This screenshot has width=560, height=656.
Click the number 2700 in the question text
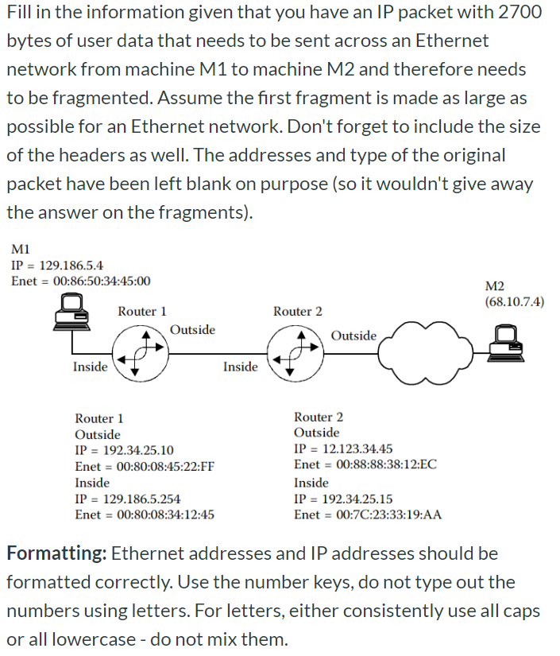[x=519, y=13]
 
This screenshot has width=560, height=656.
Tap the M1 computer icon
[x=71, y=312]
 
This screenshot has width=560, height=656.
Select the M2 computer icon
[x=507, y=344]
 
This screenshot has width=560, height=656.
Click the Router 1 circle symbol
[x=141, y=354]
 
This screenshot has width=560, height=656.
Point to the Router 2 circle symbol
[x=295, y=354]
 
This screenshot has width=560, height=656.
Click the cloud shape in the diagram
[x=426, y=354]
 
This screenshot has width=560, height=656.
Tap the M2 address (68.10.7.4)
[x=515, y=301]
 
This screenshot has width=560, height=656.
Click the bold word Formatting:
[x=57, y=554]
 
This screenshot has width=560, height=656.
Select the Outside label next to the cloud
[x=353, y=336]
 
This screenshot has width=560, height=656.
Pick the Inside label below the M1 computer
[x=91, y=367]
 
